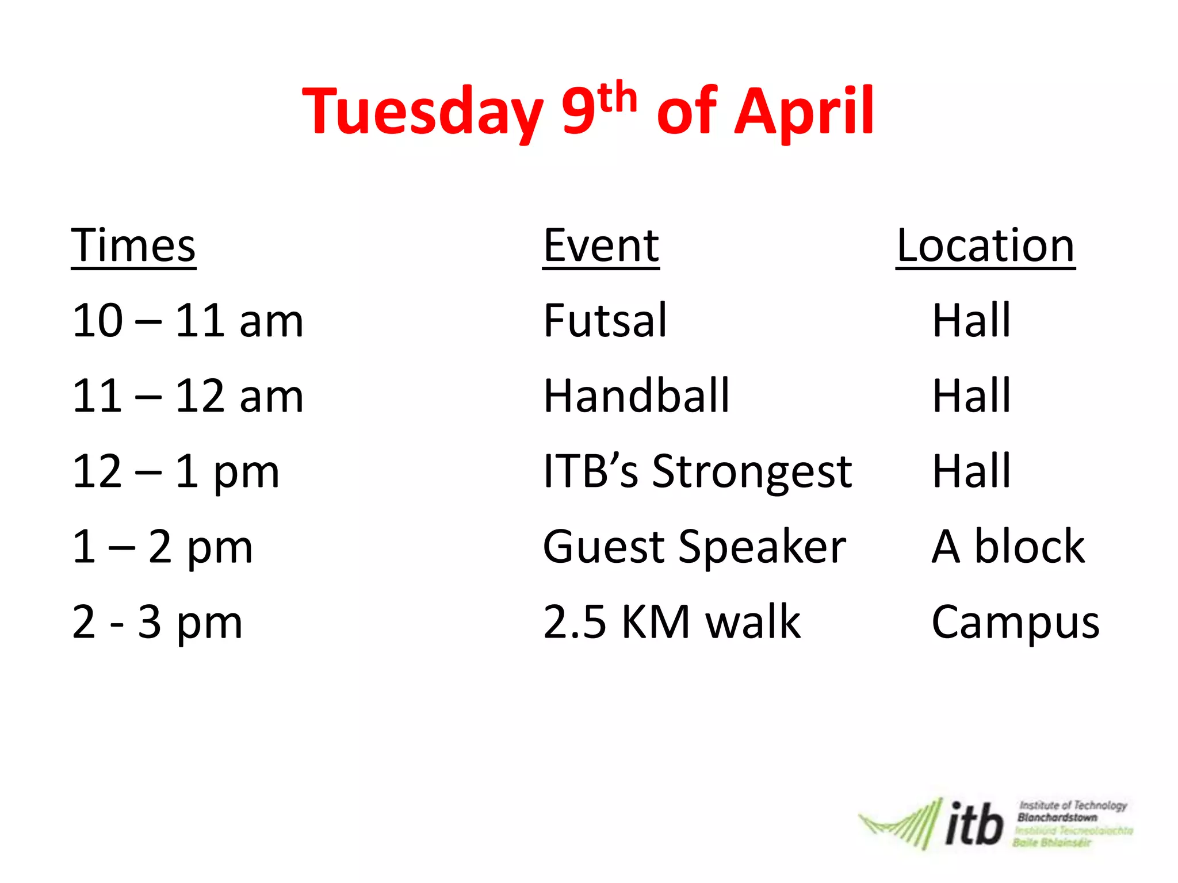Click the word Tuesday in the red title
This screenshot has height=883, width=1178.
[x=423, y=112]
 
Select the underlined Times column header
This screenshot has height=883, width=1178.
[x=133, y=245]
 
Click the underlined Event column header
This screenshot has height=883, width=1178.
[x=601, y=245]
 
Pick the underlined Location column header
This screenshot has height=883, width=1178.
[x=985, y=245]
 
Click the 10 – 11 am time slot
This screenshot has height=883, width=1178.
[x=188, y=321]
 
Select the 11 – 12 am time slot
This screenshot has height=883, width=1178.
[x=188, y=396]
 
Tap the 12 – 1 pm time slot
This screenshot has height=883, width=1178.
[x=175, y=471]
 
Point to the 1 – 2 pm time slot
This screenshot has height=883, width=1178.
[x=162, y=547]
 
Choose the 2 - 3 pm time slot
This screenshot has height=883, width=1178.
[x=157, y=622]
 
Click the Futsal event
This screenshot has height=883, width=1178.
[x=605, y=321]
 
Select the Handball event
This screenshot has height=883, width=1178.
[x=636, y=396]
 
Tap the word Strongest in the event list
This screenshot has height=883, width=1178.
[x=752, y=471]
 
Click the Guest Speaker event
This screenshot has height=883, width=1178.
[x=694, y=547]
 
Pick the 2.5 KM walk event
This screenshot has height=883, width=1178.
[x=672, y=622]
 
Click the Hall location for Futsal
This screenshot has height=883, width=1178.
[x=972, y=321]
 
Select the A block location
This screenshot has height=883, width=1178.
[x=1008, y=547]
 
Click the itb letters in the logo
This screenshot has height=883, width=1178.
[x=974, y=824]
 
